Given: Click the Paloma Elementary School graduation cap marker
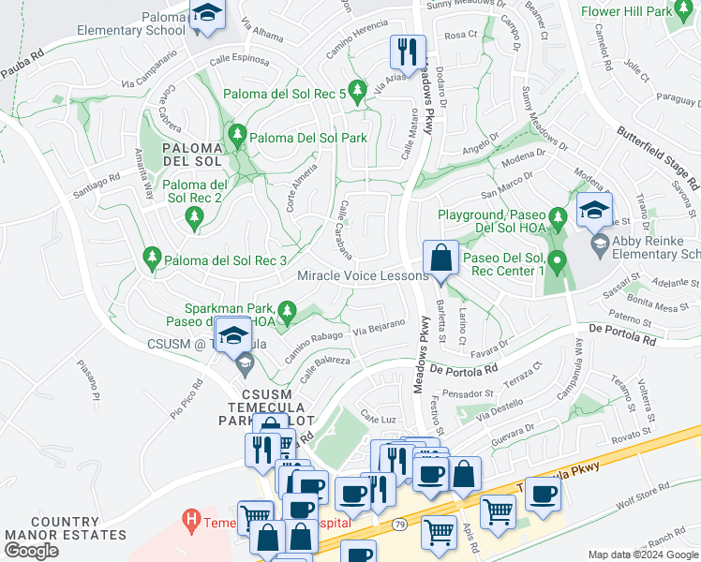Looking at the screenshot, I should pyautogui.click(x=207, y=15).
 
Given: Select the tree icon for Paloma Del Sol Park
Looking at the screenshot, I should pyautogui.click(x=237, y=138).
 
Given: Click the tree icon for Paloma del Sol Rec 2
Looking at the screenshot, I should pyautogui.click(x=194, y=219).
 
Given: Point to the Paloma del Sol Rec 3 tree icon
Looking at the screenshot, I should pyautogui.click(x=151, y=257).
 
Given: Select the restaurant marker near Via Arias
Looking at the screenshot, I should pyautogui.click(x=408, y=52).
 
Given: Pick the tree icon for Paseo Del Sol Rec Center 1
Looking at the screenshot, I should pyautogui.click(x=558, y=260).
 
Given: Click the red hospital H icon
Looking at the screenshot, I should pyautogui.click(x=192, y=518).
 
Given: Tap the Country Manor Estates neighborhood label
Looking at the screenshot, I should pyautogui.click(x=65, y=528).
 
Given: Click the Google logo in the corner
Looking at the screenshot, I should pyautogui.click(x=31, y=551).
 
